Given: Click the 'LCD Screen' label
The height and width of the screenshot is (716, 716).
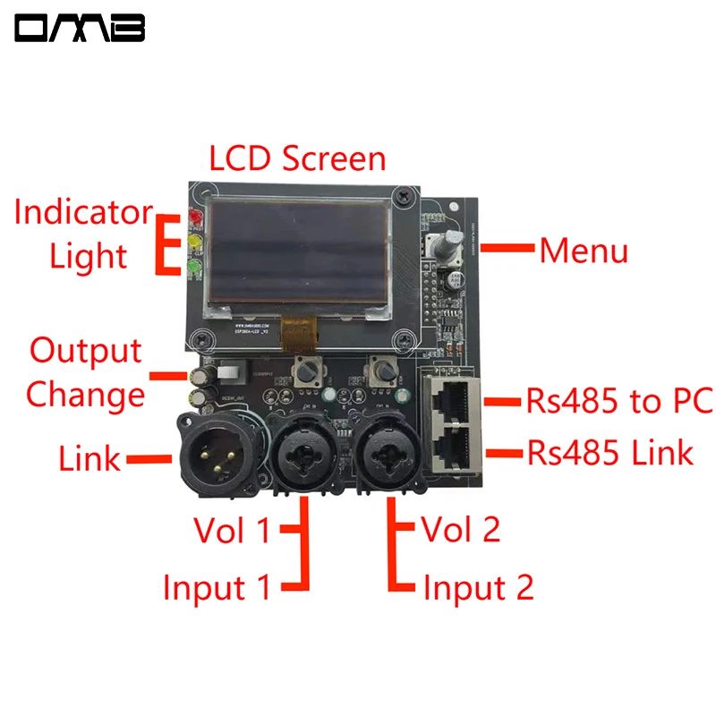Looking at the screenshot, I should (x=297, y=159).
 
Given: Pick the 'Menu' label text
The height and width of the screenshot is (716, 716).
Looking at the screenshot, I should (x=583, y=251).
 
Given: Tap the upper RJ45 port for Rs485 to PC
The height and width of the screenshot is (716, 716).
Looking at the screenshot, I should (x=452, y=397).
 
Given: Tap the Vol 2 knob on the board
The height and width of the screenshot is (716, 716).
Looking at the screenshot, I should (x=382, y=369).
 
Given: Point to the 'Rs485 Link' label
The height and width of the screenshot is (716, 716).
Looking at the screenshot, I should (x=609, y=452).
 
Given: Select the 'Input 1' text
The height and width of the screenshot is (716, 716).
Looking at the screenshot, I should (x=216, y=588).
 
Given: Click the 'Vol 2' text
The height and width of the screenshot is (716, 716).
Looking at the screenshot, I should (x=460, y=530).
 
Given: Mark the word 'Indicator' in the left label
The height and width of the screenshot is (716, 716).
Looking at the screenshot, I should (x=83, y=213).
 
